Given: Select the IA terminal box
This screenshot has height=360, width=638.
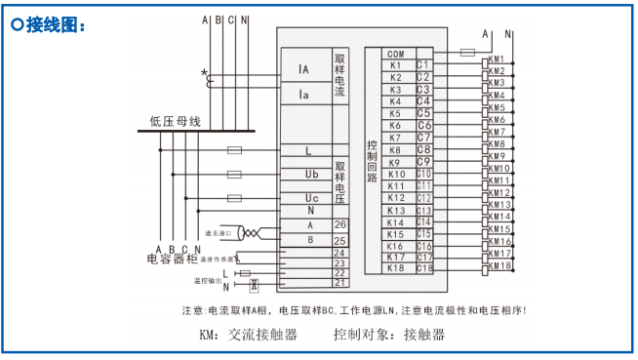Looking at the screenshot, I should coord(304,69).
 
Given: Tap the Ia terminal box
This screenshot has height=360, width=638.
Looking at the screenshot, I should coord(304,94).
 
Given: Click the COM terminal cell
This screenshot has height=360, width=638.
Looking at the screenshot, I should coord(395,54).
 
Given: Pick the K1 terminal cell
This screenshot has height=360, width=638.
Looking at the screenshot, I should coord(395,65).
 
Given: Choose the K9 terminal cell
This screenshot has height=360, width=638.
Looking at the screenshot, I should coord(395,162).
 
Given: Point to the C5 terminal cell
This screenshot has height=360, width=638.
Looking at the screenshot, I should coord(424,113).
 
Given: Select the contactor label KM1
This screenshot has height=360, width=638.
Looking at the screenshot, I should coord(497,59).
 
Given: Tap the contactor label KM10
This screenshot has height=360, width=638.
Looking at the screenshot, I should coord(498,168).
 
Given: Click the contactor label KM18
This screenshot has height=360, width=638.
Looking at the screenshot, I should coord(499,264).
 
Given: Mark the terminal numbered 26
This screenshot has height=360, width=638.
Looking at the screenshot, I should coord(340,224).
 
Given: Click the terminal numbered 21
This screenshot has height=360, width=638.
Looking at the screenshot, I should coord(340,282).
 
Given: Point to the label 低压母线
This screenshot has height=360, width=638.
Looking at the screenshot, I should coord(175,122).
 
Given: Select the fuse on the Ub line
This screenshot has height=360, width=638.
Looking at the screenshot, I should coord(234,175).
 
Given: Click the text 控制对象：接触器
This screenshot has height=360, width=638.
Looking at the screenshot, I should coord(388,334).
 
